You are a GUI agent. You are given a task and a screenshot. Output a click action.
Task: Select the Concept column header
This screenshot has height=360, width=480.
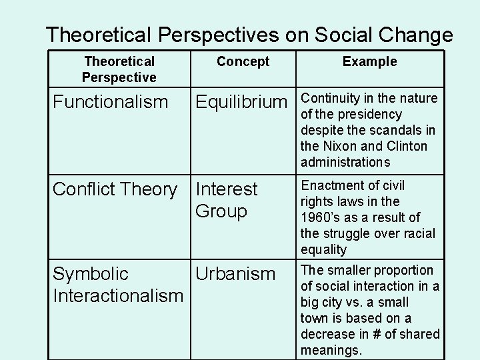pyautogui.click(x=243, y=62)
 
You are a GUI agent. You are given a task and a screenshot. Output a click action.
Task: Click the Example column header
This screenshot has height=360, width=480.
pyautogui.click(x=369, y=62)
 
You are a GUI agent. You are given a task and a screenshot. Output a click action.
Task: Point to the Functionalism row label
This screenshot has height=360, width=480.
pyautogui.click(x=110, y=102)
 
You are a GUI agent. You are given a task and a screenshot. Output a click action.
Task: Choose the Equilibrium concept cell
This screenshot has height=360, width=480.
pyautogui.click(x=240, y=102)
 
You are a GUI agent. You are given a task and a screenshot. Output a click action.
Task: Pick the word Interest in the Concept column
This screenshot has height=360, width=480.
pyautogui.click(x=226, y=190)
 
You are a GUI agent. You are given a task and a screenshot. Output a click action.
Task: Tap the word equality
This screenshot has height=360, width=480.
pyautogui.click(x=324, y=249)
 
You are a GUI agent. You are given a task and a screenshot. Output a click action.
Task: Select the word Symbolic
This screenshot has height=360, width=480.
pyautogui.click(x=91, y=274)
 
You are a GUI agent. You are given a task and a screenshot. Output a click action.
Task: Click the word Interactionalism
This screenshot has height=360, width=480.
pyautogui.click(x=117, y=295)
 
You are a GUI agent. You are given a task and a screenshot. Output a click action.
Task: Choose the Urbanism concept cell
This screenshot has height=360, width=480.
pyautogui.click(x=235, y=274)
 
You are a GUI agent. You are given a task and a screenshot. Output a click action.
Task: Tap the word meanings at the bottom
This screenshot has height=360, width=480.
pyautogui.click(x=331, y=350)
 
